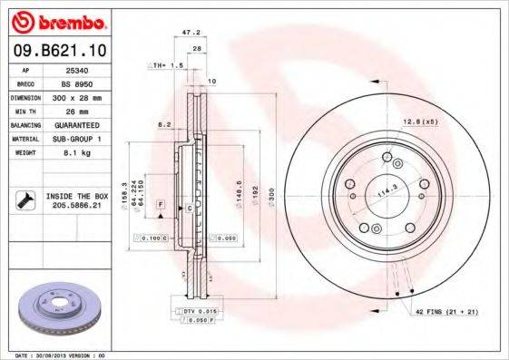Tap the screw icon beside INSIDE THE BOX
click(x=25, y=199)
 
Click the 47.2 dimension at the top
click(x=191, y=32)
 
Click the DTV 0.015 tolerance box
click(x=191, y=311)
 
